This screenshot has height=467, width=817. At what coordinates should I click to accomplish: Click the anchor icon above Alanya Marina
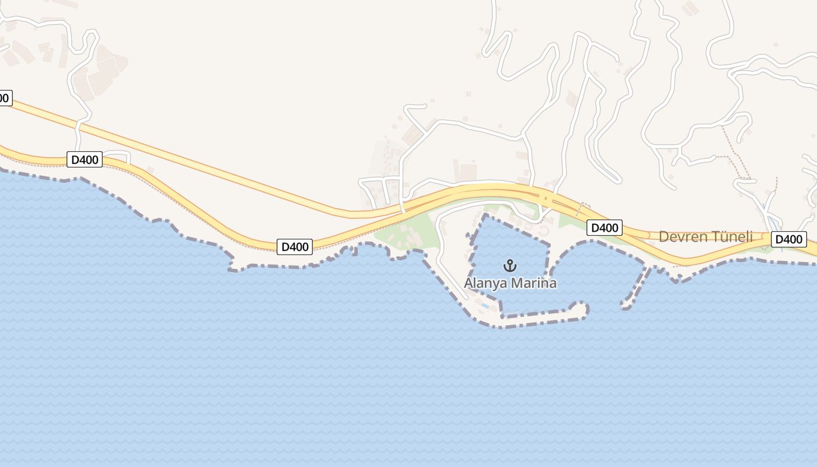click(510, 266)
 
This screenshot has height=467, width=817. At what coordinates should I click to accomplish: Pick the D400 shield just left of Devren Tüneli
click(604, 228)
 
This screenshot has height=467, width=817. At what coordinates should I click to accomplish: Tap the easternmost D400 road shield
click(788, 239)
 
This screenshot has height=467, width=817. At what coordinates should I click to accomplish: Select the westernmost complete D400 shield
click(84, 159)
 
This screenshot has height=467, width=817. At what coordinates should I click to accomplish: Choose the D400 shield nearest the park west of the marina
click(295, 247)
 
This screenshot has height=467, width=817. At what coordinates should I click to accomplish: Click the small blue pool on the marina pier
click(485, 306)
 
